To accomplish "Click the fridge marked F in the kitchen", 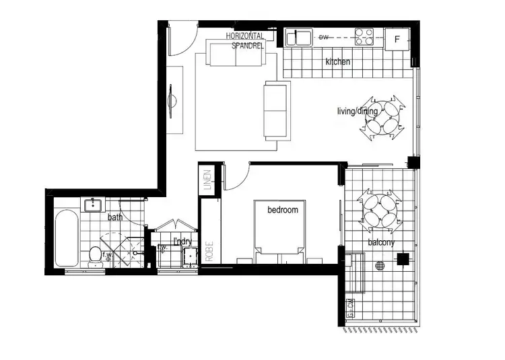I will (397, 38).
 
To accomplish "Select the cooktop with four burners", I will (364, 36).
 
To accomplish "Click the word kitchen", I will (338, 62).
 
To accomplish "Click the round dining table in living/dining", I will (382, 119).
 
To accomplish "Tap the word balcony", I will (381, 242).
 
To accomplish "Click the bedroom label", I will (283, 210).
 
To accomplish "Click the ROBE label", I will (209, 250).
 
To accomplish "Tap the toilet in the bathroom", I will (95, 255).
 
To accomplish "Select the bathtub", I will (66, 238).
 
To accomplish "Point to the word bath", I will (115, 217).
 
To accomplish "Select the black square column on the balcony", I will (403, 258).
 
